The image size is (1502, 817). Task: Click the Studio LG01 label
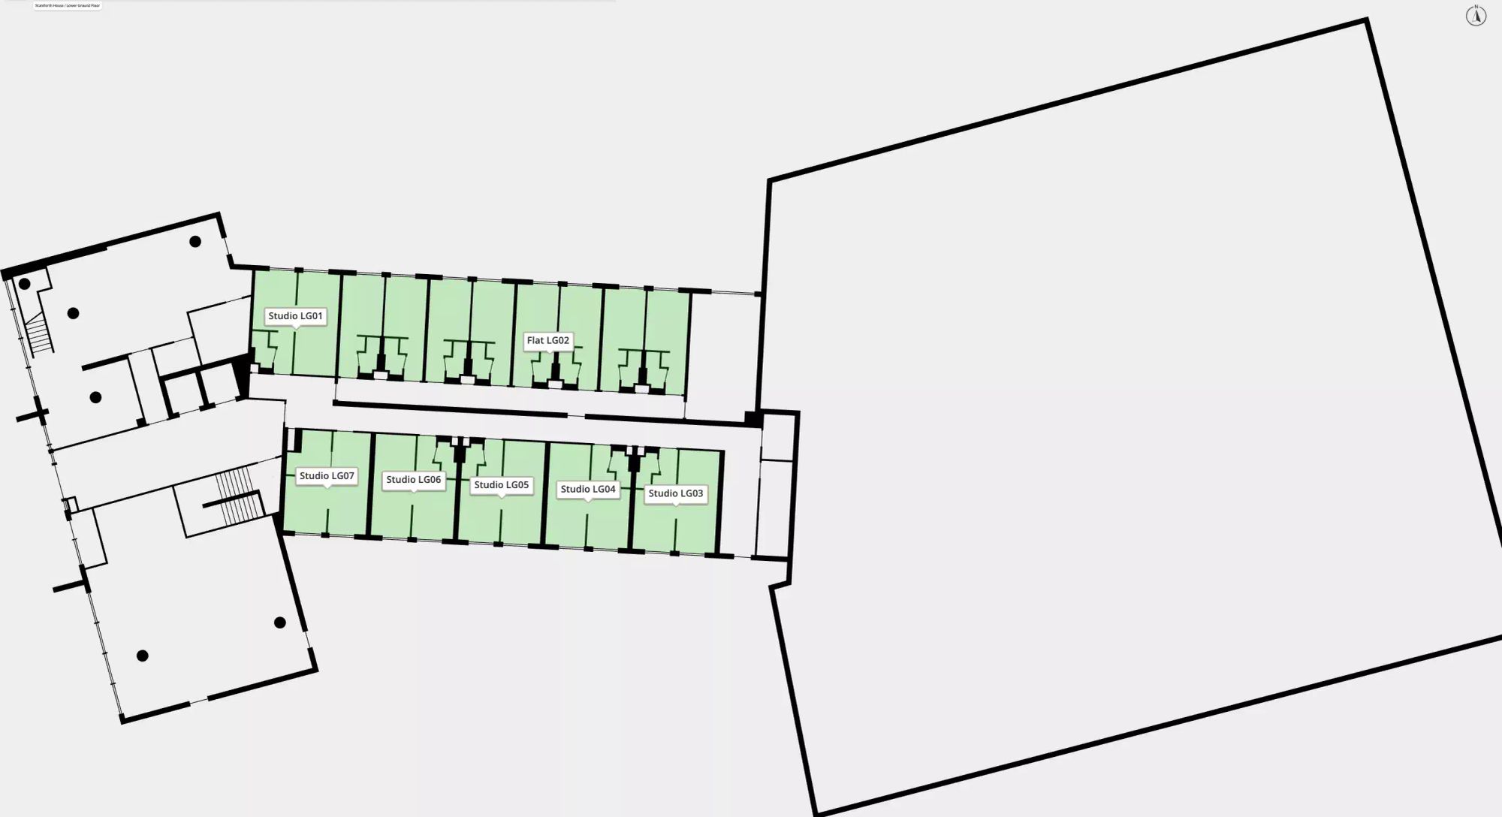tap(295, 316)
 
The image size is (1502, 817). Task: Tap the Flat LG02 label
tap(547, 340)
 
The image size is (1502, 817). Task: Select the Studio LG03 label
tap(675, 493)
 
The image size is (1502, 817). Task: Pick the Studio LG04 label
tap(588, 489)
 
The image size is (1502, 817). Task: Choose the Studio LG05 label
tap(501, 485)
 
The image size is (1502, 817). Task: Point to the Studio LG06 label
tap(413, 480)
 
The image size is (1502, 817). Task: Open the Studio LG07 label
tap(326, 476)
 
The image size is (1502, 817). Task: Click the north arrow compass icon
tap(1476, 16)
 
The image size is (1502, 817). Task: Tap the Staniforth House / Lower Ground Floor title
tap(68, 5)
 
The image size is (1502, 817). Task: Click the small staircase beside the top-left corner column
tap(38, 334)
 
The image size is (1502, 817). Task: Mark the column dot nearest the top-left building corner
tap(25, 284)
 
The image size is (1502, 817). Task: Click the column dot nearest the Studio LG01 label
tap(195, 242)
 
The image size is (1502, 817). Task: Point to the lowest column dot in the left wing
tap(142, 656)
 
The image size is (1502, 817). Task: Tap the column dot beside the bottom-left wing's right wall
tap(279, 623)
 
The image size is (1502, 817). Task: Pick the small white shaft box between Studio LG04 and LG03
tap(634, 451)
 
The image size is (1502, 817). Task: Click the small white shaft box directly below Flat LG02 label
tap(555, 384)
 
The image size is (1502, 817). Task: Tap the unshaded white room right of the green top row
tap(722, 353)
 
